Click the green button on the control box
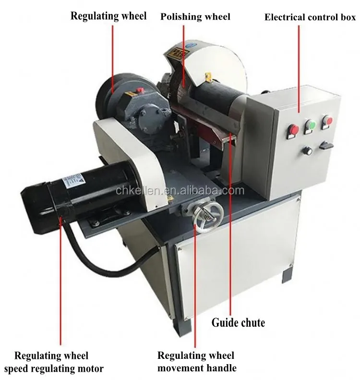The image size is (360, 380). pyautogui.click(x=311, y=126)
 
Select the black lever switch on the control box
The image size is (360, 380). pyautogui.click(x=326, y=144)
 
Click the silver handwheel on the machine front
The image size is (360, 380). pyautogui.click(x=207, y=215)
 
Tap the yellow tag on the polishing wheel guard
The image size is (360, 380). pyautogui.click(x=208, y=76)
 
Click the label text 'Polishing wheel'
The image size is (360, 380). pyautogui.click(x=195, y=17)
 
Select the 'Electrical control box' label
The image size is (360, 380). pyautogui.click(x=310, y=17)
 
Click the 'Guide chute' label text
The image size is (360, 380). pyautogui.click(x=238, y=322)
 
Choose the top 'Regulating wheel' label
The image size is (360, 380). pyautogui.click(x=108, y=16)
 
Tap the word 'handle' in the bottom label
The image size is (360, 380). pyautogui.click(x=222, y=368)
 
